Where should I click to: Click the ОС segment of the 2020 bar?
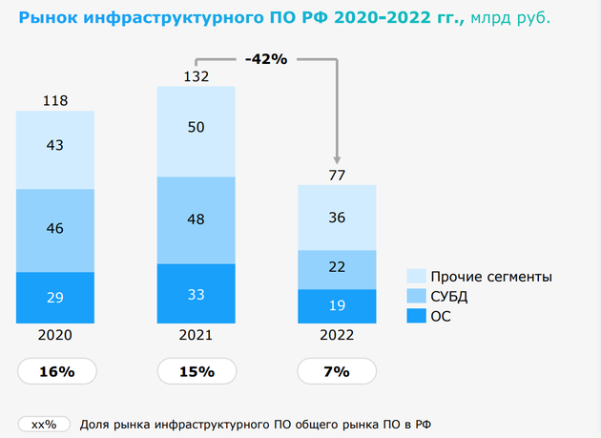click(54, 298)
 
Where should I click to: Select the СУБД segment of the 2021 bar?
click(196, 219)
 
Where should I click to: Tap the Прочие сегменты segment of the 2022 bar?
click(337, 218)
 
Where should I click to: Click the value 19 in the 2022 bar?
click(337, 306)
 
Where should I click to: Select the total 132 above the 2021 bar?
click(196, 75)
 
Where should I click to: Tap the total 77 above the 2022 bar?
click(337, 174)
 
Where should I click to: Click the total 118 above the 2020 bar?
click(54, 100)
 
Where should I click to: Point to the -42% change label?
click(266, 59)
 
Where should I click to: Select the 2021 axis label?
click(196, 336)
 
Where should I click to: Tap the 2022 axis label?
click(337, 336)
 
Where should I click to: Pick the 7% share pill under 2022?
click(337, 371)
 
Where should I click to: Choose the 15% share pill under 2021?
click(196, 371)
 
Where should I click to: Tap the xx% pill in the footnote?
click(44, 425)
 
